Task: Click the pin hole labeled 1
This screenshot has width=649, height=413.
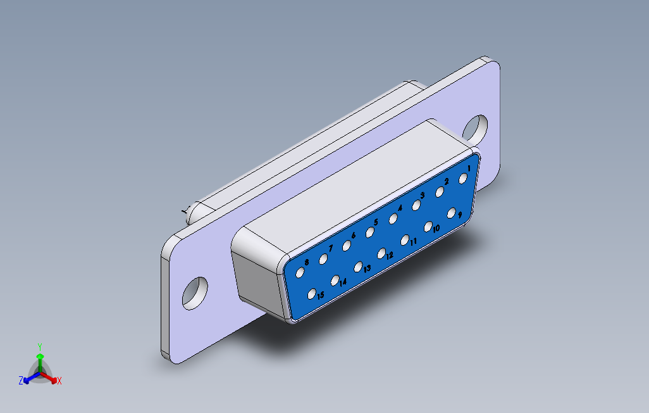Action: click(x=463, y=178)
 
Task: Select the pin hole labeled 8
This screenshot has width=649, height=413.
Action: click(x=300, y=272)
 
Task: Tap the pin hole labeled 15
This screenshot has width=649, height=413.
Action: click(x=312, y=293)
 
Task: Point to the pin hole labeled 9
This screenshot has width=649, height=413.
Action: click(x=452, y=213)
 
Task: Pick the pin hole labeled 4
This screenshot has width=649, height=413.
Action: click(x=393, y=219)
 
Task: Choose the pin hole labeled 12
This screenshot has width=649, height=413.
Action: click(x=381, y=253)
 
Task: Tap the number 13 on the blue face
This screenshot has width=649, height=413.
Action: click(x=367, y=268)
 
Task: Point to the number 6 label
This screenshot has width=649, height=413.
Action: click(x=354, y=235)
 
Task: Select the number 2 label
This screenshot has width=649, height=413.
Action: click(x=446, y=182)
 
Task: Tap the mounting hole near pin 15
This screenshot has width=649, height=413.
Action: click(x=195, y=292)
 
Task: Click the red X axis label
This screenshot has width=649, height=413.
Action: click(x=59, y=381)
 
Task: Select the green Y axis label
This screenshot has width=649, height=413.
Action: click(x=39, y=346)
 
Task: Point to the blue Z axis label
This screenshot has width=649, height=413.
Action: click(x=21, y=381)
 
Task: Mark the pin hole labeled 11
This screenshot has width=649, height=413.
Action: click(x=405, y=239)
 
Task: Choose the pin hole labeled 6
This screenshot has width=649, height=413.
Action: click(x=347, y=245)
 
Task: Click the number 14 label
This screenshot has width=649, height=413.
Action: click(x=343, y=283)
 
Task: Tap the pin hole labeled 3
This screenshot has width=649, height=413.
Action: click(x=416, y=205)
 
